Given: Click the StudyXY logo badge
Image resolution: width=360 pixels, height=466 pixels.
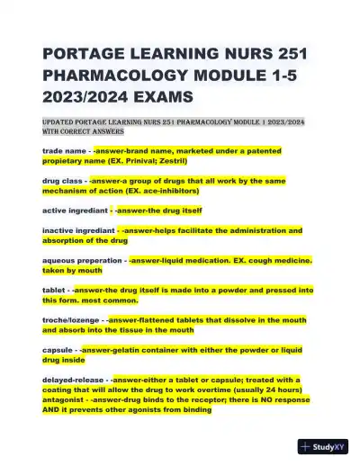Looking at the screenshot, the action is [323, 446].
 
